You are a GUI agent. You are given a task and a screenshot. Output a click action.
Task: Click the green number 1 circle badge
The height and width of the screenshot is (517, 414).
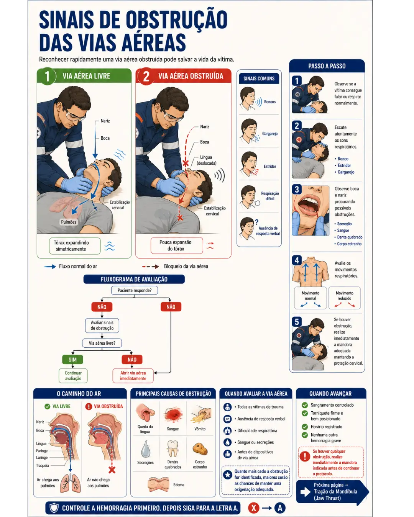47,76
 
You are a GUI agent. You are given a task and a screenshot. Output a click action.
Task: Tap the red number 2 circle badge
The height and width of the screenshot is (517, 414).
146,77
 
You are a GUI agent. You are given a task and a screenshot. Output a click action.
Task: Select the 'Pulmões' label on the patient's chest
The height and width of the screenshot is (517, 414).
69,222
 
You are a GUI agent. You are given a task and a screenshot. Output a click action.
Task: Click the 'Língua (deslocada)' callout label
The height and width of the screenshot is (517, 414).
206,160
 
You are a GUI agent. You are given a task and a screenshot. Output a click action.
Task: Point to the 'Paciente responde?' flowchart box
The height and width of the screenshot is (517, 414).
135,290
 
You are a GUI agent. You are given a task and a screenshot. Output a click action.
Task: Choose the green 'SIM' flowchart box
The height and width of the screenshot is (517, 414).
72,359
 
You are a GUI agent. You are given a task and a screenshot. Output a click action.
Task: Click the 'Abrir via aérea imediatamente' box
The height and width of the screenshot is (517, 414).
133,376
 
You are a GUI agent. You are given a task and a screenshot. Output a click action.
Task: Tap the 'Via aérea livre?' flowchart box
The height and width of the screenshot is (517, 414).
102,343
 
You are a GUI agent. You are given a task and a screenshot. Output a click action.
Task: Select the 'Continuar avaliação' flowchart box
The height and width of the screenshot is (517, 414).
73,376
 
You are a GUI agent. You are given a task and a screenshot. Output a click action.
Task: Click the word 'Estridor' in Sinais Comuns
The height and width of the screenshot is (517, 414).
269,166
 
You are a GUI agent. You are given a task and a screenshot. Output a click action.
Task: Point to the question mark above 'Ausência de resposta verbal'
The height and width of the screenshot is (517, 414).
257,222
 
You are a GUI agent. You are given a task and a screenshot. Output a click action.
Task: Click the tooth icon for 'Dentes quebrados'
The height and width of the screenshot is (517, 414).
172,448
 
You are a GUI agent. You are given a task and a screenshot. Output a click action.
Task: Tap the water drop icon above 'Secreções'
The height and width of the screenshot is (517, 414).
146,448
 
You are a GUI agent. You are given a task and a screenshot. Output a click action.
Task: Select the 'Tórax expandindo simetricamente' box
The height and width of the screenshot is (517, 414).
75,246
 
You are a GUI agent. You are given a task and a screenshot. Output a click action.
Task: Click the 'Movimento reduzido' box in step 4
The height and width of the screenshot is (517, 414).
345,298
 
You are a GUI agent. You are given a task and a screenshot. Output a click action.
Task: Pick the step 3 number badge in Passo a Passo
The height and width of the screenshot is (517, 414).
297,189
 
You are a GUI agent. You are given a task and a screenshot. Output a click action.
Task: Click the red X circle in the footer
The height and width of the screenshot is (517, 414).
254,508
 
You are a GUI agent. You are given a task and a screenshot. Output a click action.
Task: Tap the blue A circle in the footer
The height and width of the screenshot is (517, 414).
280,508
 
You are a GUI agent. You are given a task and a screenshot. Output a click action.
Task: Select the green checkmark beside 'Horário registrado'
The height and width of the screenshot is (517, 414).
305,427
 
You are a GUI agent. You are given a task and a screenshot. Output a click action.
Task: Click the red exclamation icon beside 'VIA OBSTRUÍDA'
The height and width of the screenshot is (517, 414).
89,406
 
